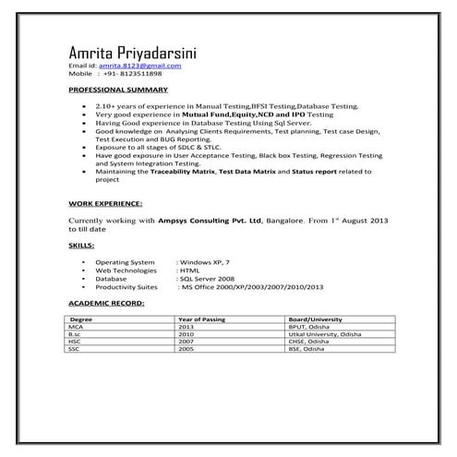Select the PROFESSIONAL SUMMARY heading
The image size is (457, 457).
[118, 90]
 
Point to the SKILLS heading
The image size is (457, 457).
[81, 247]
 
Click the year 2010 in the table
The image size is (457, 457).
[186, 334]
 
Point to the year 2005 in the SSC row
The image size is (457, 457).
[186, 350]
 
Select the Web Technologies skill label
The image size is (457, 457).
[126, 270]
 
